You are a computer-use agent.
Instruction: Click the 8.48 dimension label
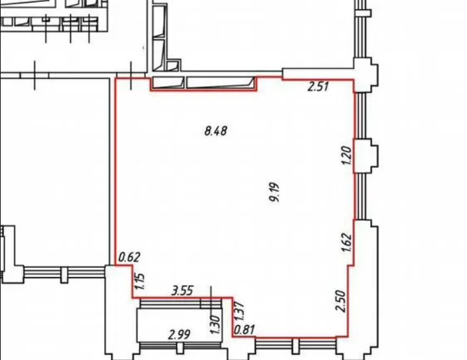(216, 131)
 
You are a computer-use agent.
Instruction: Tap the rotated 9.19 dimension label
(275, 192)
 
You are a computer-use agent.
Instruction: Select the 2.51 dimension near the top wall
(318, 87)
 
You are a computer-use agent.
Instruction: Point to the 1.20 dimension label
(346, 155)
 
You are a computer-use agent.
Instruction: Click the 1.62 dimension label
(347, 243)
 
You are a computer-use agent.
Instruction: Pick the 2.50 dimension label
(341, 301)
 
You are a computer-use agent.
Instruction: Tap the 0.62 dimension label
(129, 257)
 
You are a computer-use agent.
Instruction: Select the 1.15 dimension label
(139, 281)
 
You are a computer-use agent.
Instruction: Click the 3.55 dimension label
(182, 290)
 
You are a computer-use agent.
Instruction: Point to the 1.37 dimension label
(239, 312)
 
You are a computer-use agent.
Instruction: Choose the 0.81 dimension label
(245, 330)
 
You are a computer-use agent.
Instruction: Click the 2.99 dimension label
(179, 335)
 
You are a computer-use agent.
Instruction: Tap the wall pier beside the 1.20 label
(366, 156)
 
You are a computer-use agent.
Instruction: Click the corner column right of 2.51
(366, 75)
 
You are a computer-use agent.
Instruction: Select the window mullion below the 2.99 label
(180, 348)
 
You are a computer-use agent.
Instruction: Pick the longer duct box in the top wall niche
(220, 82)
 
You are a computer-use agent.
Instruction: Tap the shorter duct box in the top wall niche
(168, 82)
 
